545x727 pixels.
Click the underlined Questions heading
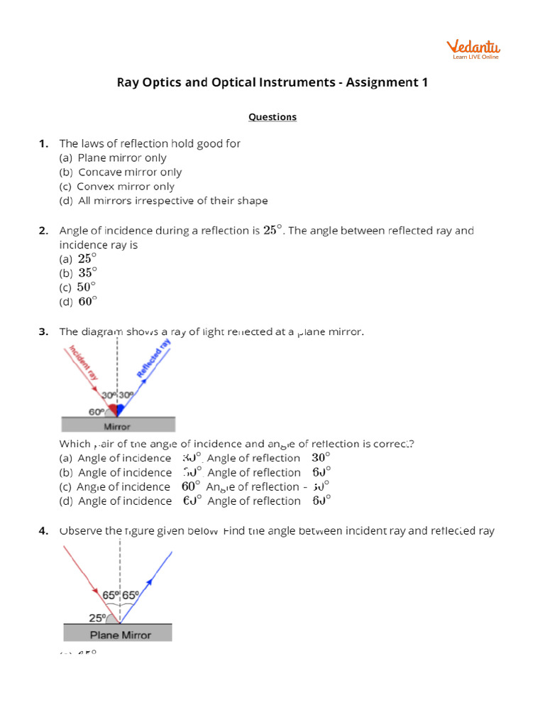[272, 116]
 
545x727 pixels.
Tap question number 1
[43, 143]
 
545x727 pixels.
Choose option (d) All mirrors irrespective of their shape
[163, 201]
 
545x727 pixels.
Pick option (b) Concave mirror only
[121, 172]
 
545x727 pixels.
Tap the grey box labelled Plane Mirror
[118, 633]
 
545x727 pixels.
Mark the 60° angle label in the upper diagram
[96, 411]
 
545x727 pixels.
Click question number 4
[43, 530]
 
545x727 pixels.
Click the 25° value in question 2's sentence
[273, 230]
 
